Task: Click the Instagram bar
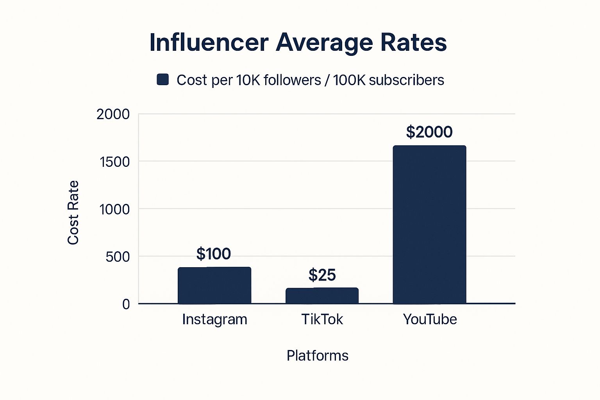tap(214, 285)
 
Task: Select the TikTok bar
tap(322, 296)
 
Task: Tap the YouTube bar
tap(429, 225)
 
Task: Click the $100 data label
tap(214, 254)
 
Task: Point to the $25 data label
tap(322, 275)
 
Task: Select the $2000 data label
tap(429, 132)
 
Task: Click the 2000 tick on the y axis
tap(113, 114)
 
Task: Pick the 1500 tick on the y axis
tap(114, 162)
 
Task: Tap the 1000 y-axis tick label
tap(114, 209)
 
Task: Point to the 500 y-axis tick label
tap(118, 257)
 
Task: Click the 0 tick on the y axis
tap(126, 304)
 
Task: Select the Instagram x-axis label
tap(214, 320)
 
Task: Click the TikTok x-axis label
tap(322, 320)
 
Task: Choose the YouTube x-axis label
tap(430, 320)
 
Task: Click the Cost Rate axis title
tap(73, 213)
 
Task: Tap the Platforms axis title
tap(317, 356)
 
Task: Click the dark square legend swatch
tap(162, 80)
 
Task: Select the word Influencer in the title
tap(209, 42)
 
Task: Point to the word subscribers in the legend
tap(406, 80)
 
